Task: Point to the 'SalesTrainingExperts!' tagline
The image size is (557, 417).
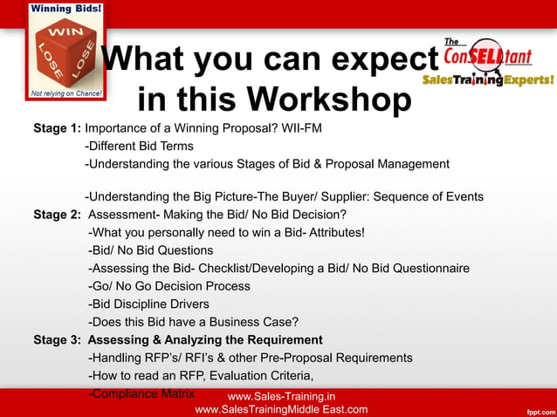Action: point(488,79)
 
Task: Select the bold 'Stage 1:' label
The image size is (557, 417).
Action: point(57,128)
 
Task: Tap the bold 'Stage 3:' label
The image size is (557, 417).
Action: point(57,339)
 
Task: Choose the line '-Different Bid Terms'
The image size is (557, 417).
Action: point(139,146)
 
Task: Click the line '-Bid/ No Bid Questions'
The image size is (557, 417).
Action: point(151,250)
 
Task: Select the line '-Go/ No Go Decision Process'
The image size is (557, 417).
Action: point(169,286)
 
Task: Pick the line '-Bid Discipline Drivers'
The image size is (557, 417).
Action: point(148,304)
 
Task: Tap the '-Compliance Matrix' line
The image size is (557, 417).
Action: point(141,393)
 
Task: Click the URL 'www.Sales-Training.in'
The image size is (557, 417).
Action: point(280,397)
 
